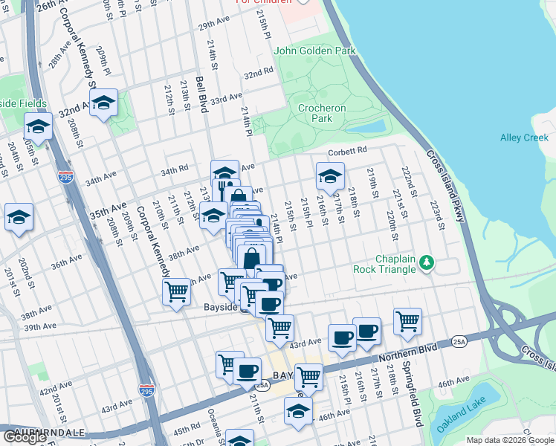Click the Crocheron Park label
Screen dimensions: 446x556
point(321,113)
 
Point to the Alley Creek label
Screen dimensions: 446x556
point(523,138)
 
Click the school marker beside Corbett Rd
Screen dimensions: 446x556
point(330,176)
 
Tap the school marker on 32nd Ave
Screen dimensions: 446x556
point(104,103)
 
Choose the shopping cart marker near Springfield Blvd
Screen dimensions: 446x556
point(407,321)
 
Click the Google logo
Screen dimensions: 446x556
point(25,437)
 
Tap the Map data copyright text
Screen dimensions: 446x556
point(509,440)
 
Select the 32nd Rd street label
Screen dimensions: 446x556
point(259,74)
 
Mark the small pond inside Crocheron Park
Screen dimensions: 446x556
point(366,126)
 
